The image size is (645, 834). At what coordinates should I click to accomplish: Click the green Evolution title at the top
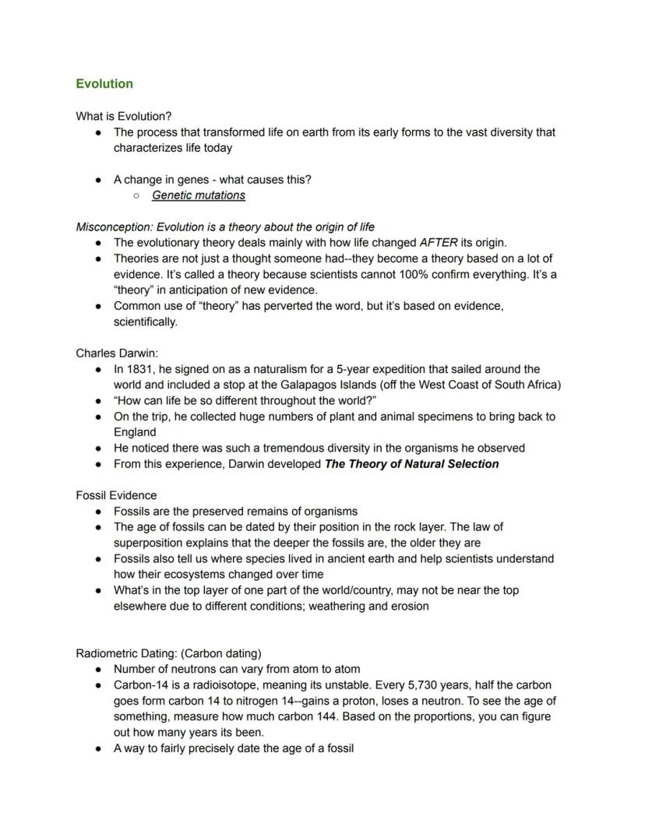point(104,83)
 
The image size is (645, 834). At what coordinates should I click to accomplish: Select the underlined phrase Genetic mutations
point(198,195)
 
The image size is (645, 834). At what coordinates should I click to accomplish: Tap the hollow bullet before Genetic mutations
point(136,195)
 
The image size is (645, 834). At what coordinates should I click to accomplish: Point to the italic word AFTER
point(438,242)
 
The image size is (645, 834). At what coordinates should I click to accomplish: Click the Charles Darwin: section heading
point(117,353)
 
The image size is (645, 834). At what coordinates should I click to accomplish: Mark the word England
point(135,432)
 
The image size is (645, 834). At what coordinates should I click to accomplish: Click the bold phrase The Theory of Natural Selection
point(411,464)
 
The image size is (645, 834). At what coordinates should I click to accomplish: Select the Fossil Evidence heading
point(116,495)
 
